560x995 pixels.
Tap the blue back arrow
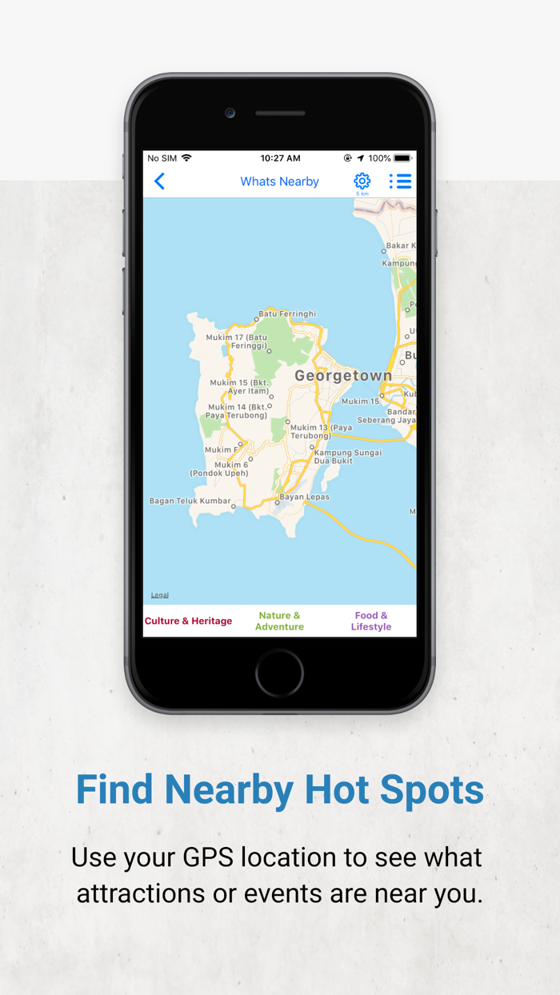click(160, 182)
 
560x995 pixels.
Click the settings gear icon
click(362, 181)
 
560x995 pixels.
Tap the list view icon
click(400, 182)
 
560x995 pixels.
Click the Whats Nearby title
click(279, 182)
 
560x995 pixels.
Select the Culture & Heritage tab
click(188, 621)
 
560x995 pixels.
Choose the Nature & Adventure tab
click(279, 621)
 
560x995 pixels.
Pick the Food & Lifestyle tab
click(371, 621)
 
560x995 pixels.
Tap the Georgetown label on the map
click(343, 375)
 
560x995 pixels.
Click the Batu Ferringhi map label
click(286, 314)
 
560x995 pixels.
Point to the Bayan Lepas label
click(304, 497)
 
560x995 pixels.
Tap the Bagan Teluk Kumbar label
click(189, 501)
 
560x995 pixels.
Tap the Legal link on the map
click(160, 595)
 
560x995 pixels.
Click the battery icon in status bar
click(402, 158)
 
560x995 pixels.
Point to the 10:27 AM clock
click(280, 158)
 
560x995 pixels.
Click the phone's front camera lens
click(230, 113)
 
